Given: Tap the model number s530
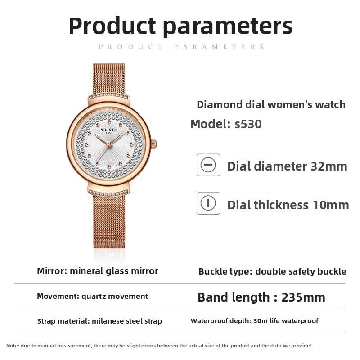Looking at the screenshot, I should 248,124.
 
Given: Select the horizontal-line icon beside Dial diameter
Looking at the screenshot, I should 208,165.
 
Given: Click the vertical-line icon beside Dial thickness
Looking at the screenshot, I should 208,203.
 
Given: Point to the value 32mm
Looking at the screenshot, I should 329,166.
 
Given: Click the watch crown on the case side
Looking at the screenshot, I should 153,144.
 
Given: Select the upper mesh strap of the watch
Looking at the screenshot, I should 108,78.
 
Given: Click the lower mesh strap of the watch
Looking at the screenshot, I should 109,220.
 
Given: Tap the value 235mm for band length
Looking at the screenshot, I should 303,297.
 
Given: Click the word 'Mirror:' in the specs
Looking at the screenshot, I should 52,271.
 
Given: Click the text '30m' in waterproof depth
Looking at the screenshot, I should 258,321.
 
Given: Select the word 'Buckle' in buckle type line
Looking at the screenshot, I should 213,271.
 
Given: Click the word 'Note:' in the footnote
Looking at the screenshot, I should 13,346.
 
